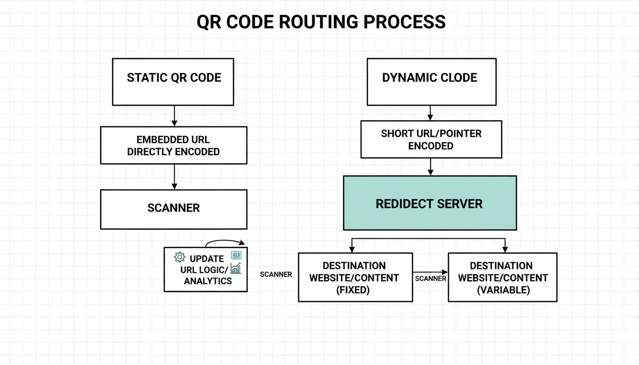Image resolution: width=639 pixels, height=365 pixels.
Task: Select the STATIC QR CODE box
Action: point(173,81)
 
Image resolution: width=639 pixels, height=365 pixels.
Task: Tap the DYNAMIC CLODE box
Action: point(431,81)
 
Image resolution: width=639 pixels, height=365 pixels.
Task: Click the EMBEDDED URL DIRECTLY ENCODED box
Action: point(174,145)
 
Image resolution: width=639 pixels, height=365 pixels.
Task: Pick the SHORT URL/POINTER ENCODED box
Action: point(431,139)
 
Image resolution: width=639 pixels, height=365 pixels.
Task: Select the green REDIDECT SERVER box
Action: point(430,203)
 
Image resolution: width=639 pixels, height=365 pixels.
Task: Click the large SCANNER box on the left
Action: point(174,209)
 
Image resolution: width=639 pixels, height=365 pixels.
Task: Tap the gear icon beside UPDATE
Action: point(180,257)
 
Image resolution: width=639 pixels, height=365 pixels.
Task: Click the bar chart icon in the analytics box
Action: point(236,269)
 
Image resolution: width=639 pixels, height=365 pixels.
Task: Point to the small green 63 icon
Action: point(236,255)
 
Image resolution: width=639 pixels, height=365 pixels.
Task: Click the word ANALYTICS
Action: point(208,281)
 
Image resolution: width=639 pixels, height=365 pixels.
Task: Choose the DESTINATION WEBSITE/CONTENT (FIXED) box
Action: point(355,278)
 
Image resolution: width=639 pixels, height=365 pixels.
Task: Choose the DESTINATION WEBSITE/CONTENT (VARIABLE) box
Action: point(503,278)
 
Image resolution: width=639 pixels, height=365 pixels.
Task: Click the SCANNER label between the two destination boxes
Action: point(430,279)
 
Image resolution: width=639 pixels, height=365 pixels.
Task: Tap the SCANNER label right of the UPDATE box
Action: point(276,274)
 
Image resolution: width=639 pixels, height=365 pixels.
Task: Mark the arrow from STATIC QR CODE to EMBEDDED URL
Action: point(174,115)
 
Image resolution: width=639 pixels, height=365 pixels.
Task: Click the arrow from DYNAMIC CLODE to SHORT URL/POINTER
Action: point(430,113)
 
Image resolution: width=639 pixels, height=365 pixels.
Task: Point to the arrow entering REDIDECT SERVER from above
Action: point(430,167)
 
